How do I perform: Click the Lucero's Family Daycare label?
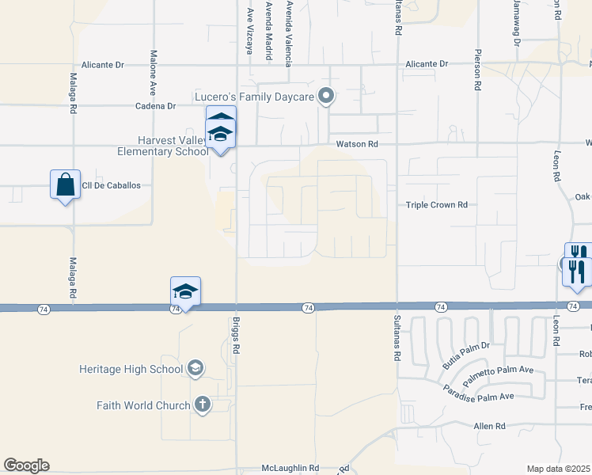(x=255, y=97)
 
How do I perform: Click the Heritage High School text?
(x=131, y=369)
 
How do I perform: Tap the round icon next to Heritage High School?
(x=195, y=368)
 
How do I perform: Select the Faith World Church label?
(x=143, y=405)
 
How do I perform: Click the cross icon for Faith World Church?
(x=202, y=405)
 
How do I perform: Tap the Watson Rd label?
(x=358, y=144)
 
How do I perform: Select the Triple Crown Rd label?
(x=436, y=204)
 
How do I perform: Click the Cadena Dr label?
(x=154, y=105)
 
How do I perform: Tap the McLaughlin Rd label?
(x=291, y=468)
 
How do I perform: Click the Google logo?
(x=26, y=465)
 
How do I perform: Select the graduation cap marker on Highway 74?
(x=185, y=291)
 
